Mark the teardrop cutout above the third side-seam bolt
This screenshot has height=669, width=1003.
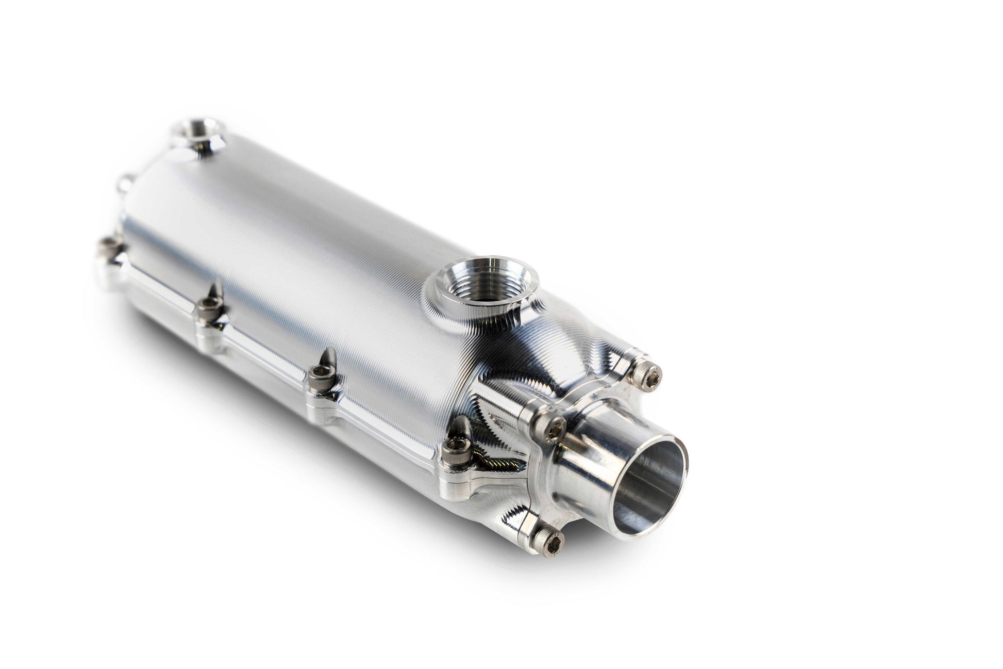217,289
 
